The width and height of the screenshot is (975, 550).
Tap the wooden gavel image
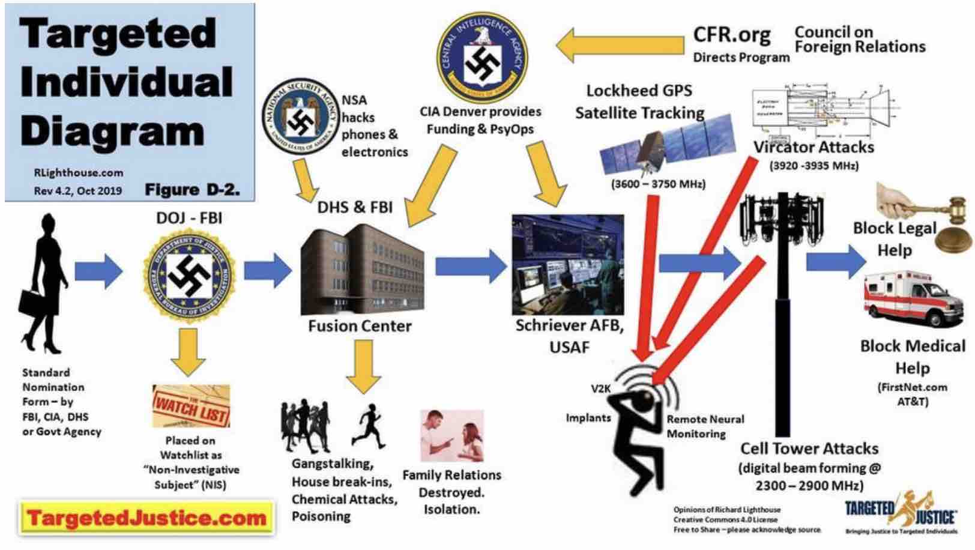pos(928,213)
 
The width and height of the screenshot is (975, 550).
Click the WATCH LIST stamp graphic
pos(191,406)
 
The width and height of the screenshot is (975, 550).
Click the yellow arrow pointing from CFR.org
pos(618,46)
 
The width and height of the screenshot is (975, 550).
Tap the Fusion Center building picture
pos(361,270)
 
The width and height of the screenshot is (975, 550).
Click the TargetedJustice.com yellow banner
pos(147,518)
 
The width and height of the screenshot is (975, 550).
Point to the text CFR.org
pos(731,35)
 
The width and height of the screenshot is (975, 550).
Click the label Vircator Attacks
pos(814,147)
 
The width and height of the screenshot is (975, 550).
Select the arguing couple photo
pos(451,435)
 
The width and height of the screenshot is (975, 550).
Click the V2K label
pos(600,388)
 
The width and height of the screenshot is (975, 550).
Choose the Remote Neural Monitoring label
pos(705,426)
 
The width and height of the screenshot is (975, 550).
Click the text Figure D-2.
pos(192,190)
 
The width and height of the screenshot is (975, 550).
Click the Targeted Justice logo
pos(901,513)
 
